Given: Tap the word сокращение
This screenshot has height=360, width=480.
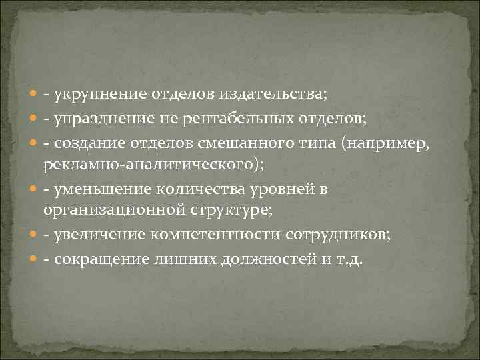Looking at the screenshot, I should (97, 259).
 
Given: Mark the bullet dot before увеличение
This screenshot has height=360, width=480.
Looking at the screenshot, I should (33, 237).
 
